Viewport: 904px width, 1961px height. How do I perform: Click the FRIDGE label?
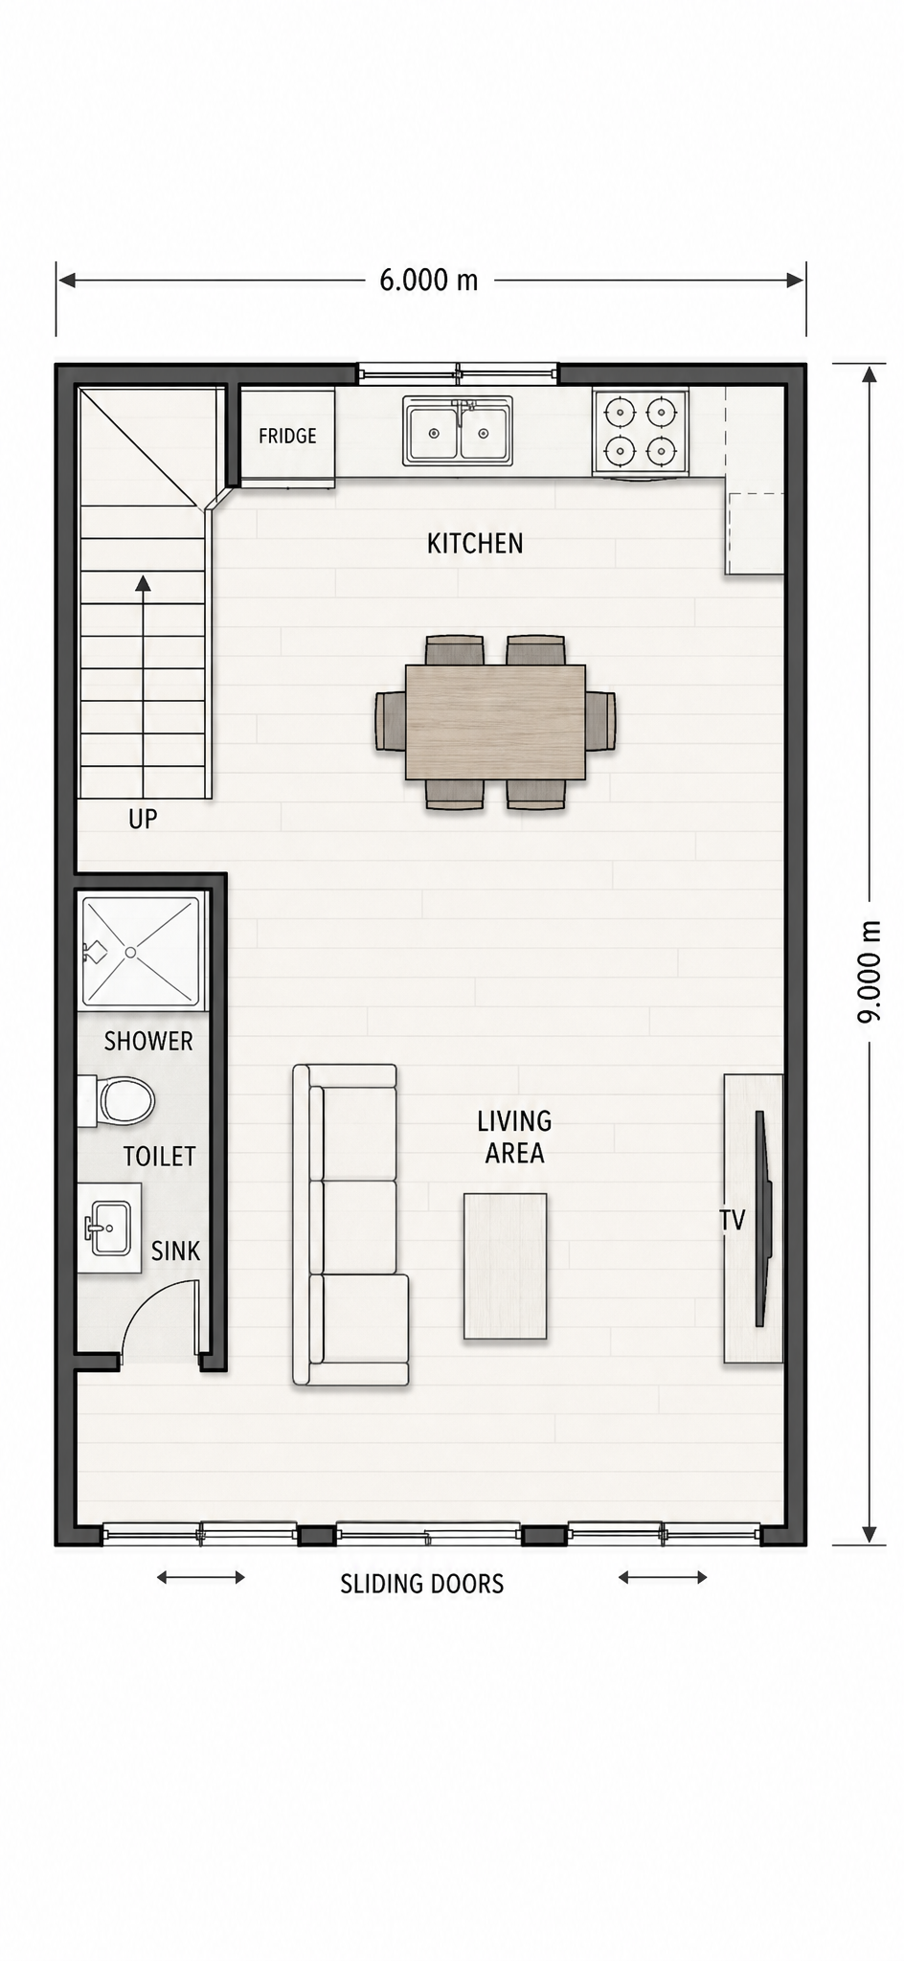tap(287, 436)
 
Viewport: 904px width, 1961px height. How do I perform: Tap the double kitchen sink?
tap(458, 432)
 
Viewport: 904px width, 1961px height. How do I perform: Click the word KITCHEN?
tap(475, 544)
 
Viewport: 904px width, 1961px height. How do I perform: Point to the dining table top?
tap(495, 722)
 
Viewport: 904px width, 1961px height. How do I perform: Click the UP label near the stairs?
tap(143, 819)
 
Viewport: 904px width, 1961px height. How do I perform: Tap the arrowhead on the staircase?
tap(143, 583)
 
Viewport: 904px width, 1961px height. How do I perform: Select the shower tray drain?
tap(130, 953)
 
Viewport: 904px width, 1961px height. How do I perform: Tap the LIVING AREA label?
tap(514, 1137)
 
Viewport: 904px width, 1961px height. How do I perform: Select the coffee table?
tap(506, 1266)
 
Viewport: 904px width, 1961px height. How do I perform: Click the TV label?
tap(733, 1220)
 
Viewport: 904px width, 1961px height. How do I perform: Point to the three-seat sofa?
tap(350, 1225)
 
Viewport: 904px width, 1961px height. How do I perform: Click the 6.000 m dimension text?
tap(429, 280)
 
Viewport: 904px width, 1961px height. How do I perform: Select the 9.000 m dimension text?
tap(869, 972)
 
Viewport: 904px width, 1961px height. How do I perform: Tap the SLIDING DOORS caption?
tap(422, 1584)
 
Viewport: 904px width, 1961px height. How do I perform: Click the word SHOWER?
tap(148, 1041)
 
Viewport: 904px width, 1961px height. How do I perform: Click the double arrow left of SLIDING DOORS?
tap(201, 1577)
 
